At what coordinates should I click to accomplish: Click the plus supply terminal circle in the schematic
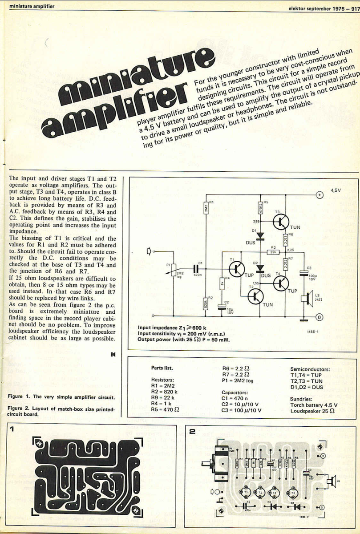[x=319, y=194]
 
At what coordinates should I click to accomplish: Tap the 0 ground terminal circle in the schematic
[x=319, y=317]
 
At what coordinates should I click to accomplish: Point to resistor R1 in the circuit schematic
[x=206, y=209]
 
